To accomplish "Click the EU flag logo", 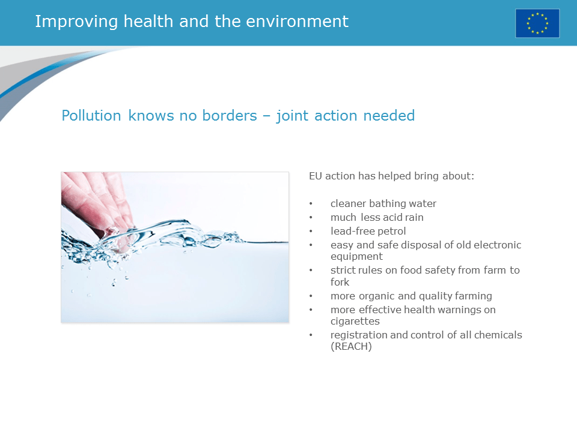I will pos(537,23).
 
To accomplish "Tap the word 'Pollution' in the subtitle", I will pos(91,115).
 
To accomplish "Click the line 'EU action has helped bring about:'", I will pos(391,176).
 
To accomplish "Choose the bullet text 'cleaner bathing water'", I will pos(383,204).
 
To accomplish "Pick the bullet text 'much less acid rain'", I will pos(377,217).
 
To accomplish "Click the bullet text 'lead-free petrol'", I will pos(368,231).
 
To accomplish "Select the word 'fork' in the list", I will pos(340,282).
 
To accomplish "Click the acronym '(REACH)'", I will pos(351,346).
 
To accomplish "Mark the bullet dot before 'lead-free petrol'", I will pos(311,232).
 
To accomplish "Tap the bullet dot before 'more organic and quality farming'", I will pos(311,296).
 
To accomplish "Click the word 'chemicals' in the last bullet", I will pos(498,335).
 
